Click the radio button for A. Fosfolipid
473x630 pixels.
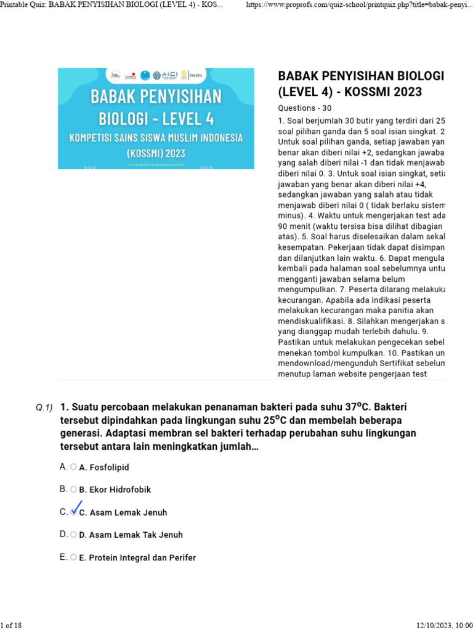[73, 467]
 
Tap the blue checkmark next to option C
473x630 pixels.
[76, 510]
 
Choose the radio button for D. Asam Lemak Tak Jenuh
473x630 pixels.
[73, 535]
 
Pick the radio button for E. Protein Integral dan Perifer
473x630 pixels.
[73, 557]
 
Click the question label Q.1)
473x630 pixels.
[44, 407]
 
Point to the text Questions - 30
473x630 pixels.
[305, 108]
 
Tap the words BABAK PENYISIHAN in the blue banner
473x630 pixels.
[156, 97]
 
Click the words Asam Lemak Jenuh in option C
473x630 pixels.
[127, 512]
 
